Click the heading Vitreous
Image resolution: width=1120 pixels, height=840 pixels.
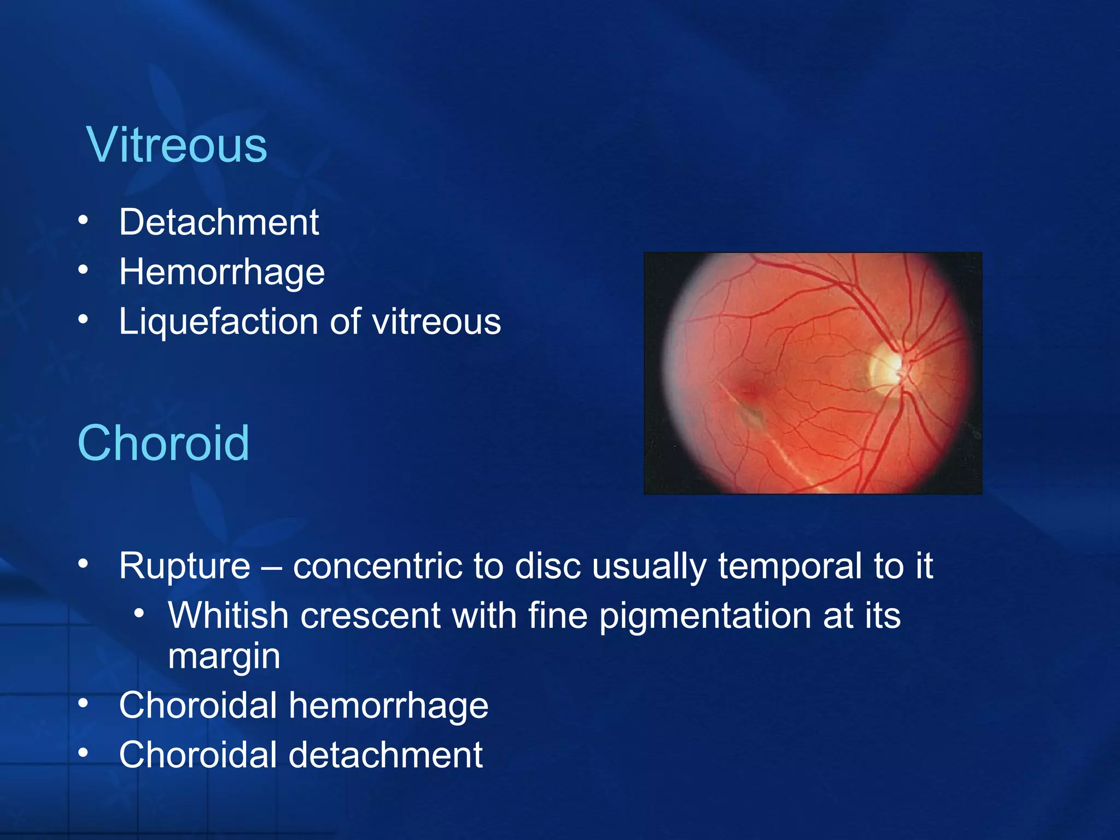pos(176,145)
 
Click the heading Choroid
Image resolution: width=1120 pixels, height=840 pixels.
pos(164,443)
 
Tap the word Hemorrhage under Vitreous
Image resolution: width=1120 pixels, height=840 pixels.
pos(222,272)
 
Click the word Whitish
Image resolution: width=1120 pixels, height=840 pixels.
pos(228,615)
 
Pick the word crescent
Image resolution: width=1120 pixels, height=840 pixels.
pos(370,615)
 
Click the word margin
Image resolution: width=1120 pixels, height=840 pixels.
pos(224,656)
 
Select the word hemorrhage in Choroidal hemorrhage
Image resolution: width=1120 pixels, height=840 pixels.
pos(388,705)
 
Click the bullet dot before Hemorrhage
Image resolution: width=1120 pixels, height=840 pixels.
pos(83,270)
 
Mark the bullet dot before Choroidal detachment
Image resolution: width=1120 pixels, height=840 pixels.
pos(83,753)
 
